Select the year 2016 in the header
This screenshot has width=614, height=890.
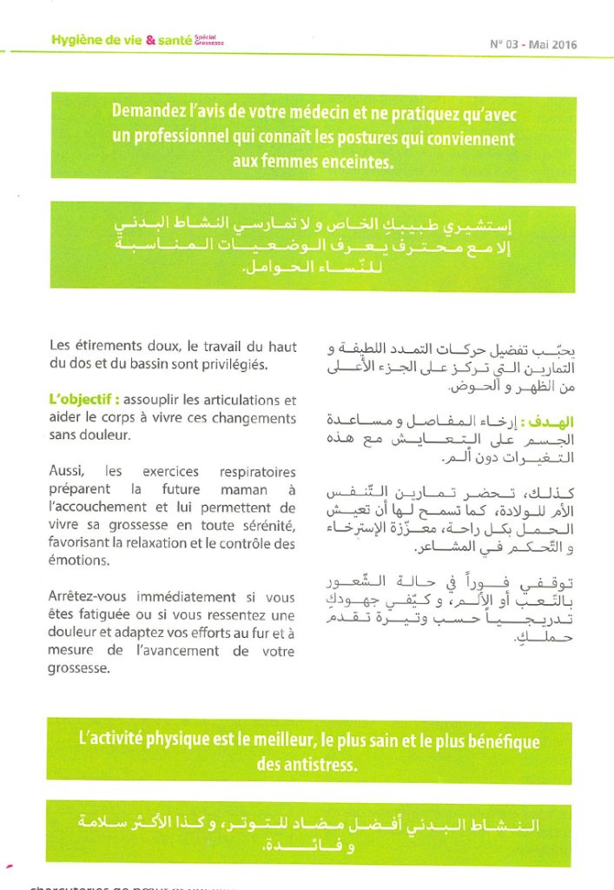tap(564, 44)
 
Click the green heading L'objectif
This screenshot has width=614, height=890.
tap(83, 401)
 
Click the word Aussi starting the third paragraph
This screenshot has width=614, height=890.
tap(66, 471)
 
